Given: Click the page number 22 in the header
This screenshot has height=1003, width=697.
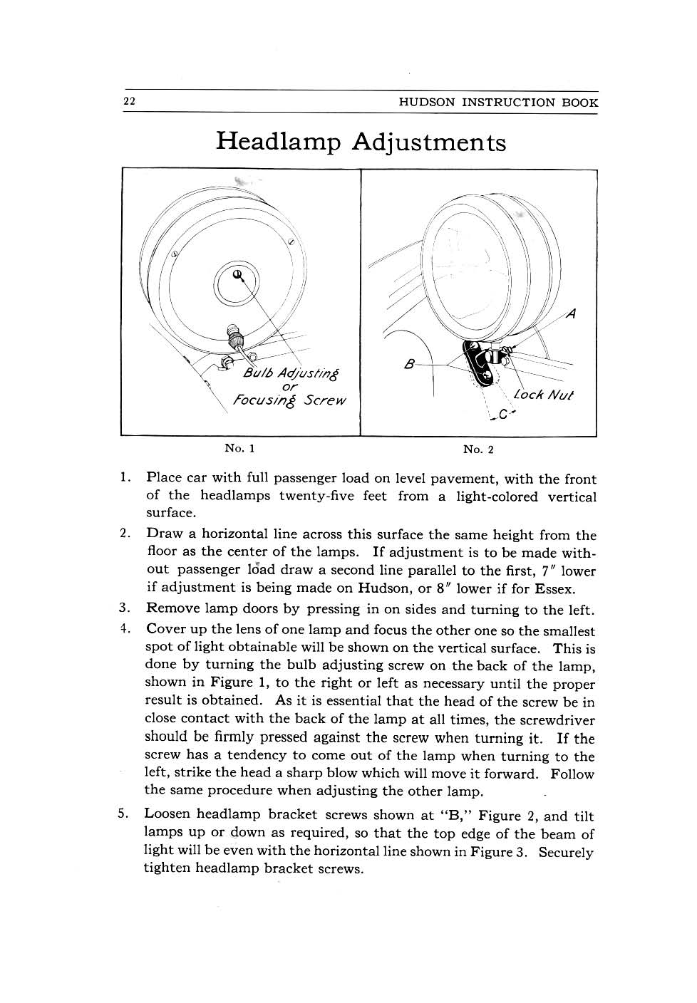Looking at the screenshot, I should [130, 101].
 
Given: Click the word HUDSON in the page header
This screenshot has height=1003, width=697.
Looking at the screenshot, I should [426, 102].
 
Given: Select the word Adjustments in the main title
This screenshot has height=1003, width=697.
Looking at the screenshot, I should [429, 142].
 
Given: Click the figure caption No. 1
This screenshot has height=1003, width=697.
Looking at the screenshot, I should [239, 448].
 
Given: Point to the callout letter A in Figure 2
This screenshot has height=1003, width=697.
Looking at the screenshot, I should [571, 313].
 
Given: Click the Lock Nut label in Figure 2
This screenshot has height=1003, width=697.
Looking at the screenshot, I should [543, 394].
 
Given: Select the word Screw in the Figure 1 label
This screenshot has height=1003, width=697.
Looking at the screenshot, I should [324, 400].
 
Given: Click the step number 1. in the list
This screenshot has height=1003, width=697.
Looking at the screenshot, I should [125, 477].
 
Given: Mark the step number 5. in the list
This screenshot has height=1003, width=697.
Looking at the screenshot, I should [123, 814].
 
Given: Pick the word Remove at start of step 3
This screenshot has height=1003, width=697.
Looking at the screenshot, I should [172, 609].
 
